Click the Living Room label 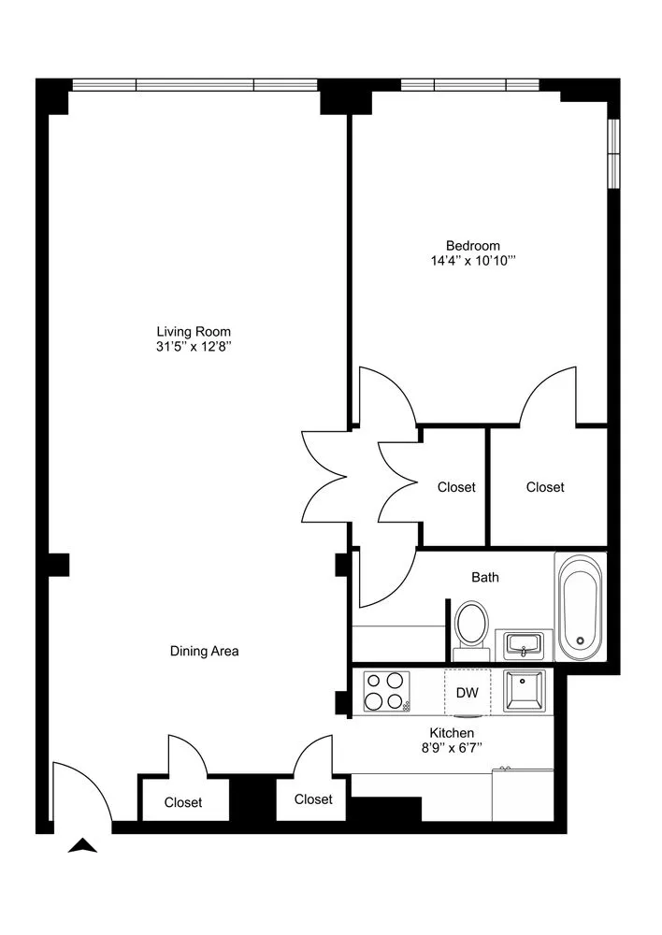point(193,331)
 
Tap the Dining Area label point(205,651)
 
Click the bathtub point(581,606)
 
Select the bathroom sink point(524,644)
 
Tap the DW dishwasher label point(468,693)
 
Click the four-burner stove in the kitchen point(387,692)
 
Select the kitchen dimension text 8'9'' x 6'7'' point(452,747)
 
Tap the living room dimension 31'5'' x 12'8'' point(193,347)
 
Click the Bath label point(484,577)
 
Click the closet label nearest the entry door point(183,802)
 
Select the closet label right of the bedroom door point(545,487)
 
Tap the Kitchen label point(452,732)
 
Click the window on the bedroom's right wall point(613,148)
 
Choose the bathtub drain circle point(581,641)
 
